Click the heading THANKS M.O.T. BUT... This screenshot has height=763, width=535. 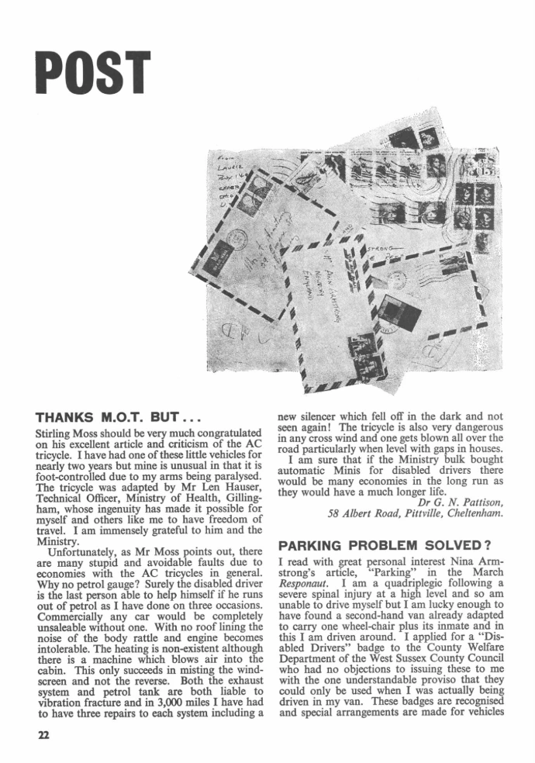point(109,415)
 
